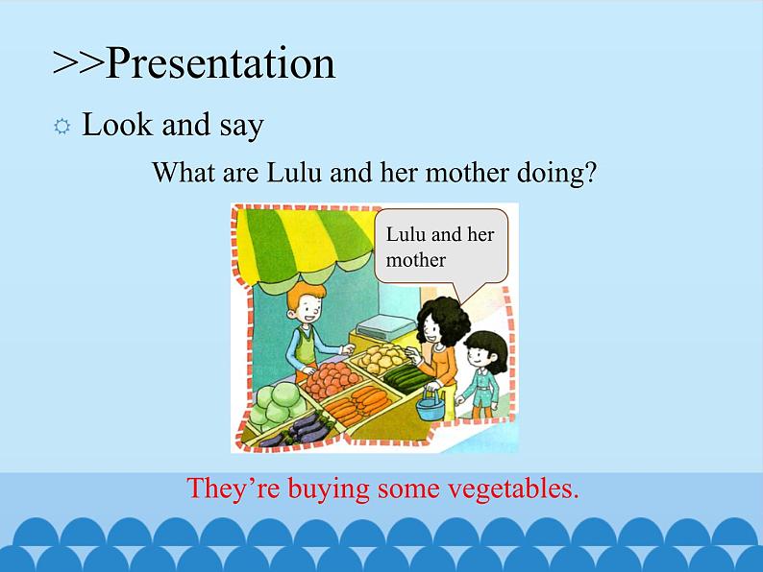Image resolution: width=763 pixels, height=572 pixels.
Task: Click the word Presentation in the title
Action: click(220, 63)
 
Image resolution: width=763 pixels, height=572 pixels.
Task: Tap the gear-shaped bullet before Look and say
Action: click(62, 127)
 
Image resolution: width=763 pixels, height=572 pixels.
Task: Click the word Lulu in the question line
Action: click(294, 172)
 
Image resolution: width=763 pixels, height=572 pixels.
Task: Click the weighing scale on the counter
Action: click(382, 327)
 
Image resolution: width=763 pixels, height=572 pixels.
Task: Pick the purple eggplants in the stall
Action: click(299, 430)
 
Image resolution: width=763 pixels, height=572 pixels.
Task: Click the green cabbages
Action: click(274, 404)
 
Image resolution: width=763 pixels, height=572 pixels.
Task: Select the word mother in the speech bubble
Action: click(415, 260)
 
